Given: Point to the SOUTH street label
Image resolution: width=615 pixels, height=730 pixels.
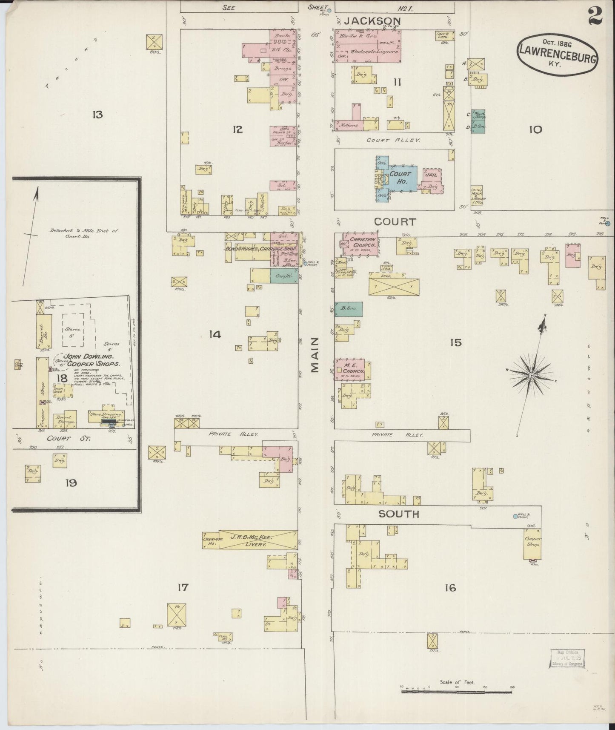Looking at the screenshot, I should (399, 514).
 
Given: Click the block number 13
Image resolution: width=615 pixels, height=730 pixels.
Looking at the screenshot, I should (97, 114).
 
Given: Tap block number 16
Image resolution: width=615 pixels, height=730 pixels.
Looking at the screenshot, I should (450, 588).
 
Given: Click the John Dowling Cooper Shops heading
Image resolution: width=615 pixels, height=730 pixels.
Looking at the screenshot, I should (89, 360).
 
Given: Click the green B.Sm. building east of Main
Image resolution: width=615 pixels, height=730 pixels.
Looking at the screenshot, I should (348, 309).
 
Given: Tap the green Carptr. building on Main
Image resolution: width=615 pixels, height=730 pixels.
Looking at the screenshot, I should (283, 276).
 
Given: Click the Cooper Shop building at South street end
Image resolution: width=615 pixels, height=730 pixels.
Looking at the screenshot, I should (532, 544).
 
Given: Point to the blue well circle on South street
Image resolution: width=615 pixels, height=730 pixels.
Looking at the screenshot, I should (515, 516).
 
